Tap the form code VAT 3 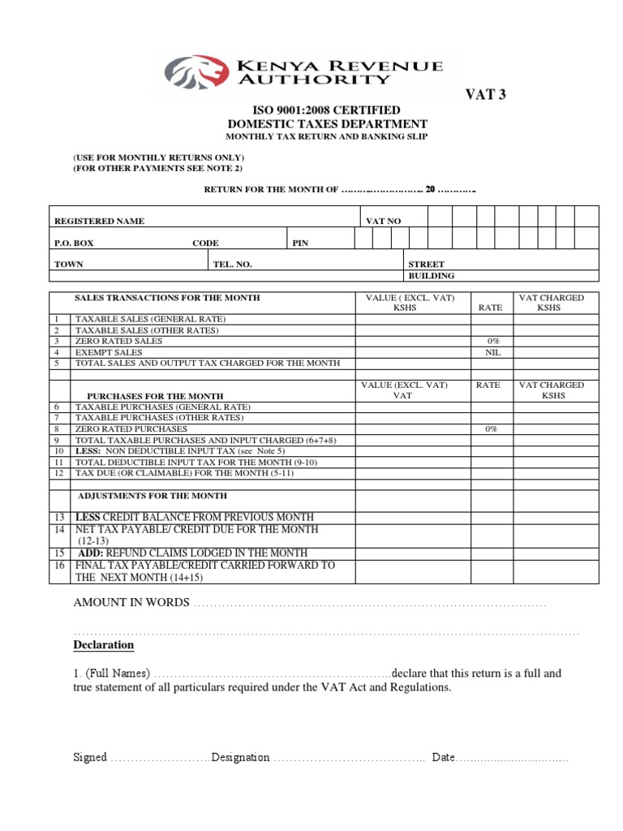click(485, 95)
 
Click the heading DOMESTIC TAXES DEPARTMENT click(328, 124)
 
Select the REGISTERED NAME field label click(99, 222)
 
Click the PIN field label click(300, 243)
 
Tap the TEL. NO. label click(233, 265)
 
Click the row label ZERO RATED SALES click(118, 342)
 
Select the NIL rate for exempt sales click(492, 353)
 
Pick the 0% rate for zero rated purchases click(492, 428)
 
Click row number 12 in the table click(58, 472)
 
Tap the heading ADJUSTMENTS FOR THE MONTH click(153, 495)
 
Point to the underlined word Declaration click(104, 645)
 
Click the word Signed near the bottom click(90, 757)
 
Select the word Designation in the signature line click(240, 757)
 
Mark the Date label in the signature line click(444, 757)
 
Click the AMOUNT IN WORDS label click(131, 603)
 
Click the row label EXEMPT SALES click(108, 353)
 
